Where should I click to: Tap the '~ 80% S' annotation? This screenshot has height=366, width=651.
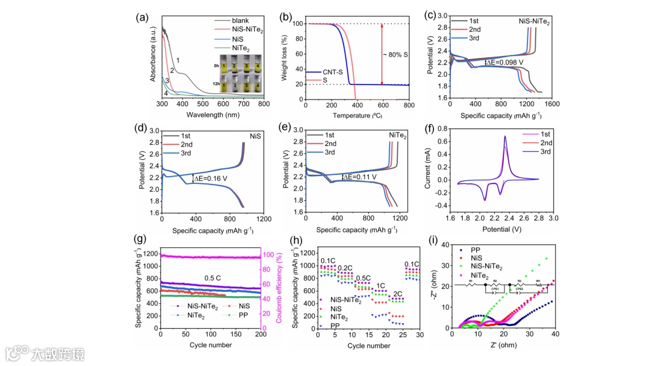(396, 55)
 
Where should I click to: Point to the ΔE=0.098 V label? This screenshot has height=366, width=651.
(505, 62)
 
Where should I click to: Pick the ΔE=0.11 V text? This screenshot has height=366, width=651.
(362, 177)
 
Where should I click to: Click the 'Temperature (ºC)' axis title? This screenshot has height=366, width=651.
(356, 114)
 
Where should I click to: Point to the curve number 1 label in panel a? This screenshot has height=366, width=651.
(178, 60)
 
